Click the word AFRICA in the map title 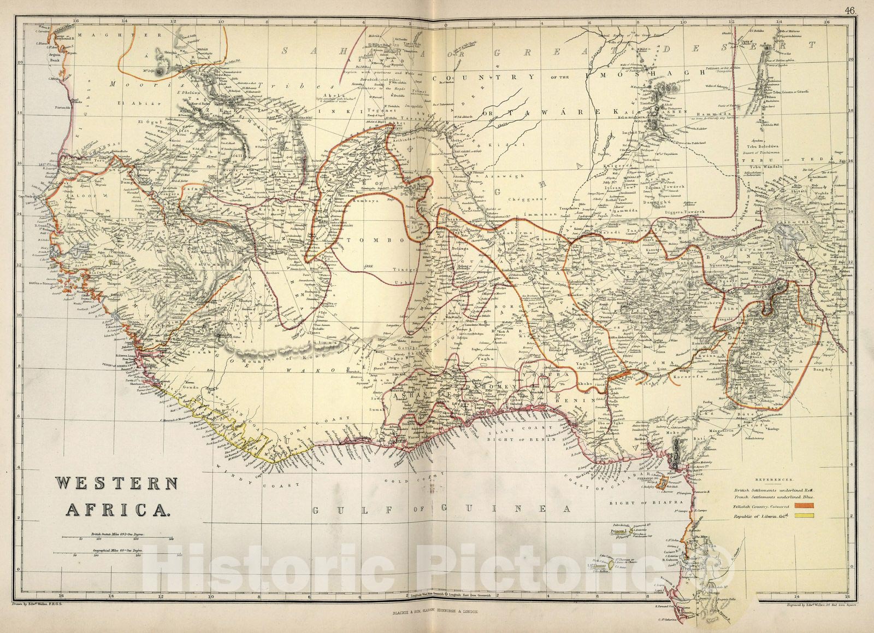click(117, 509)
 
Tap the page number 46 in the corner click(851, 10)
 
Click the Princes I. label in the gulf click(619, 531)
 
